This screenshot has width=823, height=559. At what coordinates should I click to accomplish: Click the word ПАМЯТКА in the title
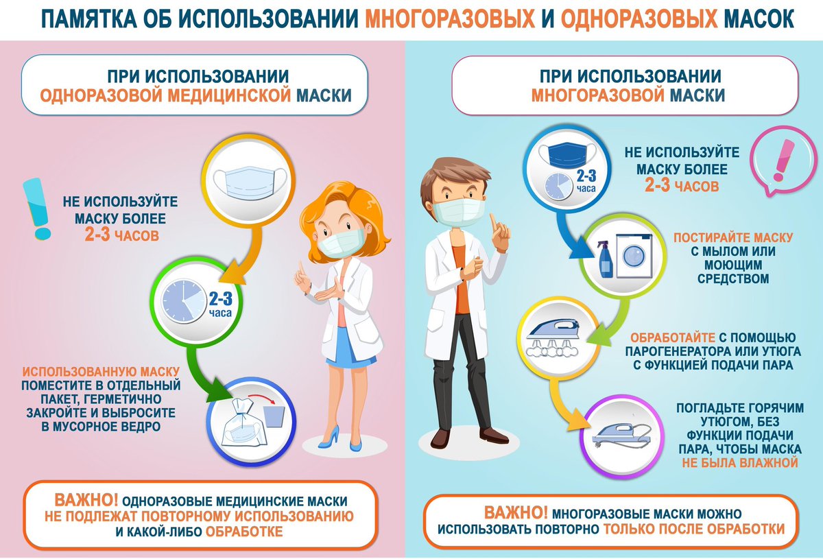(x=89, y=19)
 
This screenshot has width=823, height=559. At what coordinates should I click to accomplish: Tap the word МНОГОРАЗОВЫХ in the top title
(x=450, y=19)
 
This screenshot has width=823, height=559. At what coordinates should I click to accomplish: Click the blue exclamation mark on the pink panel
(x=37, y=209)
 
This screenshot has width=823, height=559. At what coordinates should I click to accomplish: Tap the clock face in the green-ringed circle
(x=184, y=301)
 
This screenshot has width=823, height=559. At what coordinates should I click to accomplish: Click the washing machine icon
(x=634, y=255)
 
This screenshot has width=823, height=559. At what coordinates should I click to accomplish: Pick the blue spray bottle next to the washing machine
(x=605, y=259)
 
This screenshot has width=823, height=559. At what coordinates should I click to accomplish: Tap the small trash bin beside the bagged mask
(x=274, y=416)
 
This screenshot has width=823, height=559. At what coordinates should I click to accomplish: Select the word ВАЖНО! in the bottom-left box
(x=86, y=500)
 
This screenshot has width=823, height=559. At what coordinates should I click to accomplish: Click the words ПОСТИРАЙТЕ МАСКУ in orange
(x=733, y=237)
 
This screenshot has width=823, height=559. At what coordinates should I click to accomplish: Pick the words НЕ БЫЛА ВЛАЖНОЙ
(x=740, y=462)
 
